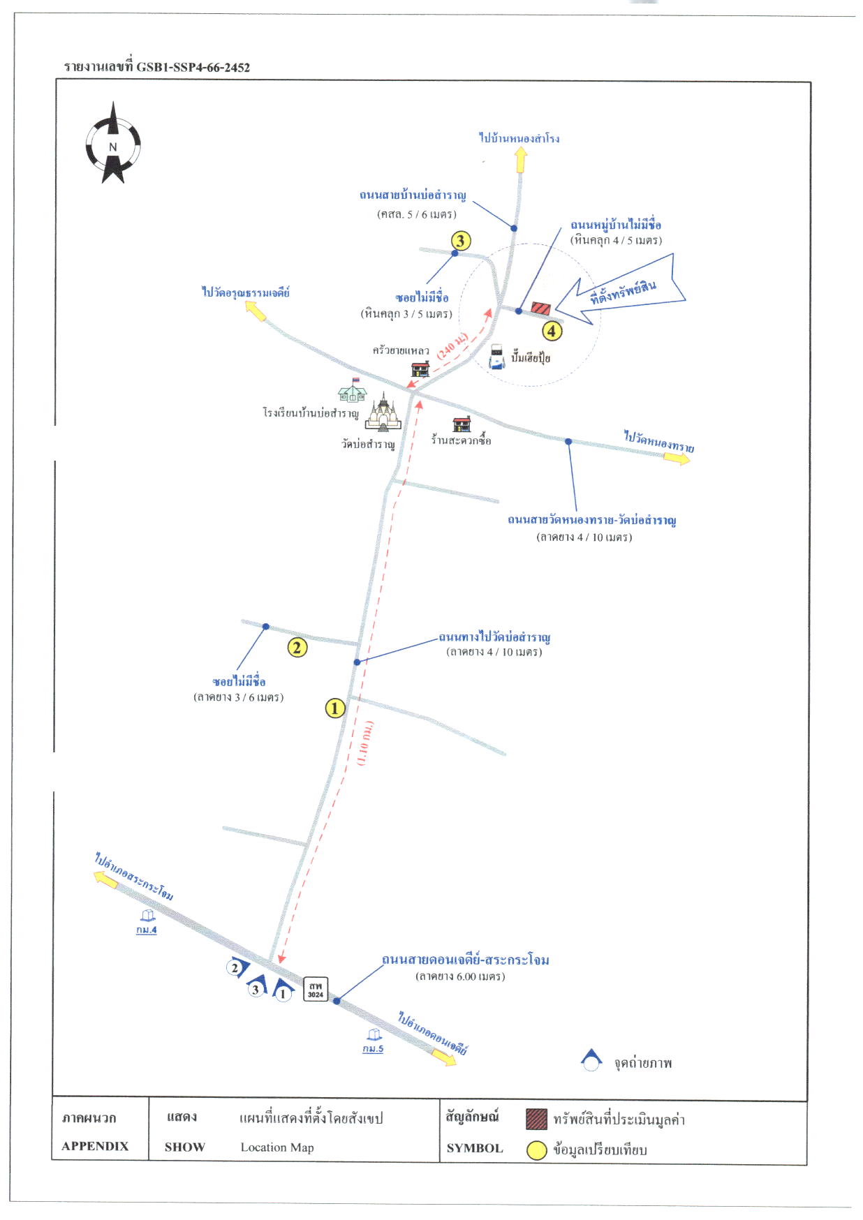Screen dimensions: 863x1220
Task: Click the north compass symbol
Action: pyautogui.click(x=113, y=143)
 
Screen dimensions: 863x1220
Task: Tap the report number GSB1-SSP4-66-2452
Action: pyautogui.click(x=193, y=68)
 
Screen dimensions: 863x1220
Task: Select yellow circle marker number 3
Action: pyautogui.click(x=460, y=241)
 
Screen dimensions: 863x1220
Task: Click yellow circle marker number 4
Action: pyautogui.click(x=552, y=331)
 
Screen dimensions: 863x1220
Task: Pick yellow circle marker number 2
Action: pyautogui.click(x=297, y=648)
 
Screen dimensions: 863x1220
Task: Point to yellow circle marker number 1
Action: pyautogui.click(x=335, y=708)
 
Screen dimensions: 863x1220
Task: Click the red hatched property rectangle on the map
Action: pyautogui.click(x=541, y=308)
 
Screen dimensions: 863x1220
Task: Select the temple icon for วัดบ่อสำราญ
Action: pyautogui.click(x=383, y=413)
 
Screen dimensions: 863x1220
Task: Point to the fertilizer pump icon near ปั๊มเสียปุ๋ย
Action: pyautogui.click(x=496, y=356)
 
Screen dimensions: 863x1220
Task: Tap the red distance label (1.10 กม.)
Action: pyautogui.click(x=365, y=743)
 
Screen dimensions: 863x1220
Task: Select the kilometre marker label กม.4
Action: pyautogui.click(x=147, y=930)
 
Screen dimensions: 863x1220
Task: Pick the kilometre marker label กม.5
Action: pyautogui.click(x=373, y=1049)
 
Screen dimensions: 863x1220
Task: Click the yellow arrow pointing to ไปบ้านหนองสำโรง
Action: pyautogui.click(x=521, y=160)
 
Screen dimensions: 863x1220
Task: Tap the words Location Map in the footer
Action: pyautogui.click(x=277, y=1147)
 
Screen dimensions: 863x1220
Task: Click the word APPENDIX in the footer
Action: pyautogui.click(x=95, y=1146)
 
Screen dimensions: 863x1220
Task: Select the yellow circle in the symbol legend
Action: pyautogui.click(x=536, y=1150)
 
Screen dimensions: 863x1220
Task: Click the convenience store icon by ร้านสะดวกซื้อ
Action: pyautogui.click(x=462, y=424)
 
